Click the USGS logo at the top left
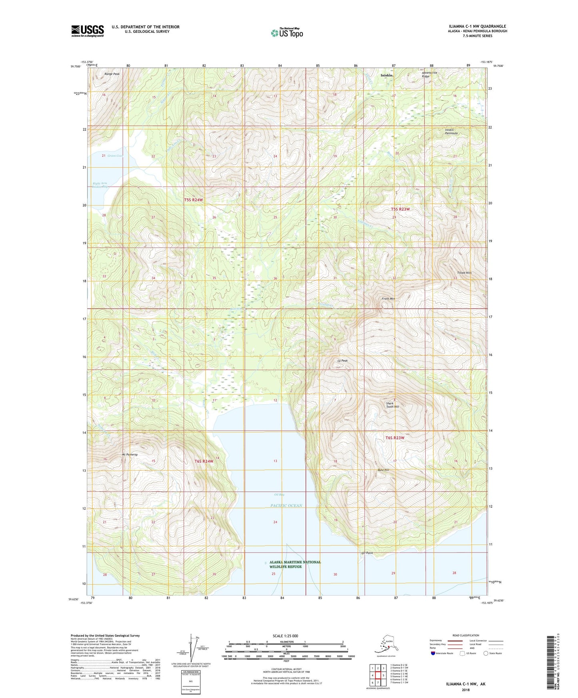click(87, 31)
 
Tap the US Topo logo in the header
click(287, 33)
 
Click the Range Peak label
click(112, 74)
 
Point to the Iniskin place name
click(386, 75)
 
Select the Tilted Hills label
click(464, 273)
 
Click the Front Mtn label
click(388, 299)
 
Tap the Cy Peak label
click(342, 361)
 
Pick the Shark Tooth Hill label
click(392, 405)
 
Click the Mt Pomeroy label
click(130, 455)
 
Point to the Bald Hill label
click(384, 470)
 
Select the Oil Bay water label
click(279, 495)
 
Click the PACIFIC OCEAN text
click(286, 506)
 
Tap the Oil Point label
click(367, 553)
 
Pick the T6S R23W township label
click(395, 438)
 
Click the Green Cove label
click(115, 156)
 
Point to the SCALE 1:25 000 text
click(286, 636)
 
